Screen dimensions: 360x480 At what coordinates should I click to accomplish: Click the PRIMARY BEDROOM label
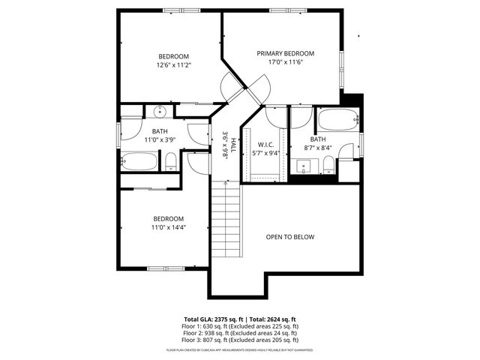coord(285,53)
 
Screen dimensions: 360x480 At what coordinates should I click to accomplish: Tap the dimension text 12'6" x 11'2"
coord(173,65)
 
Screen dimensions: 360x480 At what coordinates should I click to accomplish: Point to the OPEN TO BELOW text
coord(290,237)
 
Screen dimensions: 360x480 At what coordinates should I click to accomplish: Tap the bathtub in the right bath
coord(337,119)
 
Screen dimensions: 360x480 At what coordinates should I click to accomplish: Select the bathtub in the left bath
coord(139,161)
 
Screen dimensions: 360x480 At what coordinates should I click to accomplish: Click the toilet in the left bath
coord(171,160)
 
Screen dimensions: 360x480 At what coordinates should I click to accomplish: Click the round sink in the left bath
coord(160,113)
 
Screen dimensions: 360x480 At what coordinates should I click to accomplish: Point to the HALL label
coord(234,145)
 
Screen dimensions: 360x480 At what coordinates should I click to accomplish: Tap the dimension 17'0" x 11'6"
coord(285,62)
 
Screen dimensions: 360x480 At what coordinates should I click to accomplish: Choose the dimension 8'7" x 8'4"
coord(318,148)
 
